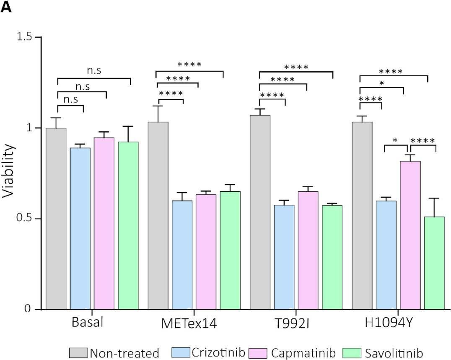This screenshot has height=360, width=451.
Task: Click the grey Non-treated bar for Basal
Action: coord(56,219)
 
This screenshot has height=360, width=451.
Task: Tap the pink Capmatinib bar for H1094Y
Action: coord(410,235)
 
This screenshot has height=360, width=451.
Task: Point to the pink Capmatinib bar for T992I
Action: coord(308,250)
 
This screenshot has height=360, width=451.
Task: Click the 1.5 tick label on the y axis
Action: coord(24,37)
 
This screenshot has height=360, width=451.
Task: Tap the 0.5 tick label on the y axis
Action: coord(24,219)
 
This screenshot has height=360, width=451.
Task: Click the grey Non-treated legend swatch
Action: coord(78,352)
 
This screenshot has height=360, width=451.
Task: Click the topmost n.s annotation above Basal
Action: coord(94,71)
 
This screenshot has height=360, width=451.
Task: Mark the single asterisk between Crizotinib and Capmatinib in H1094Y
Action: coord(395,140)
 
